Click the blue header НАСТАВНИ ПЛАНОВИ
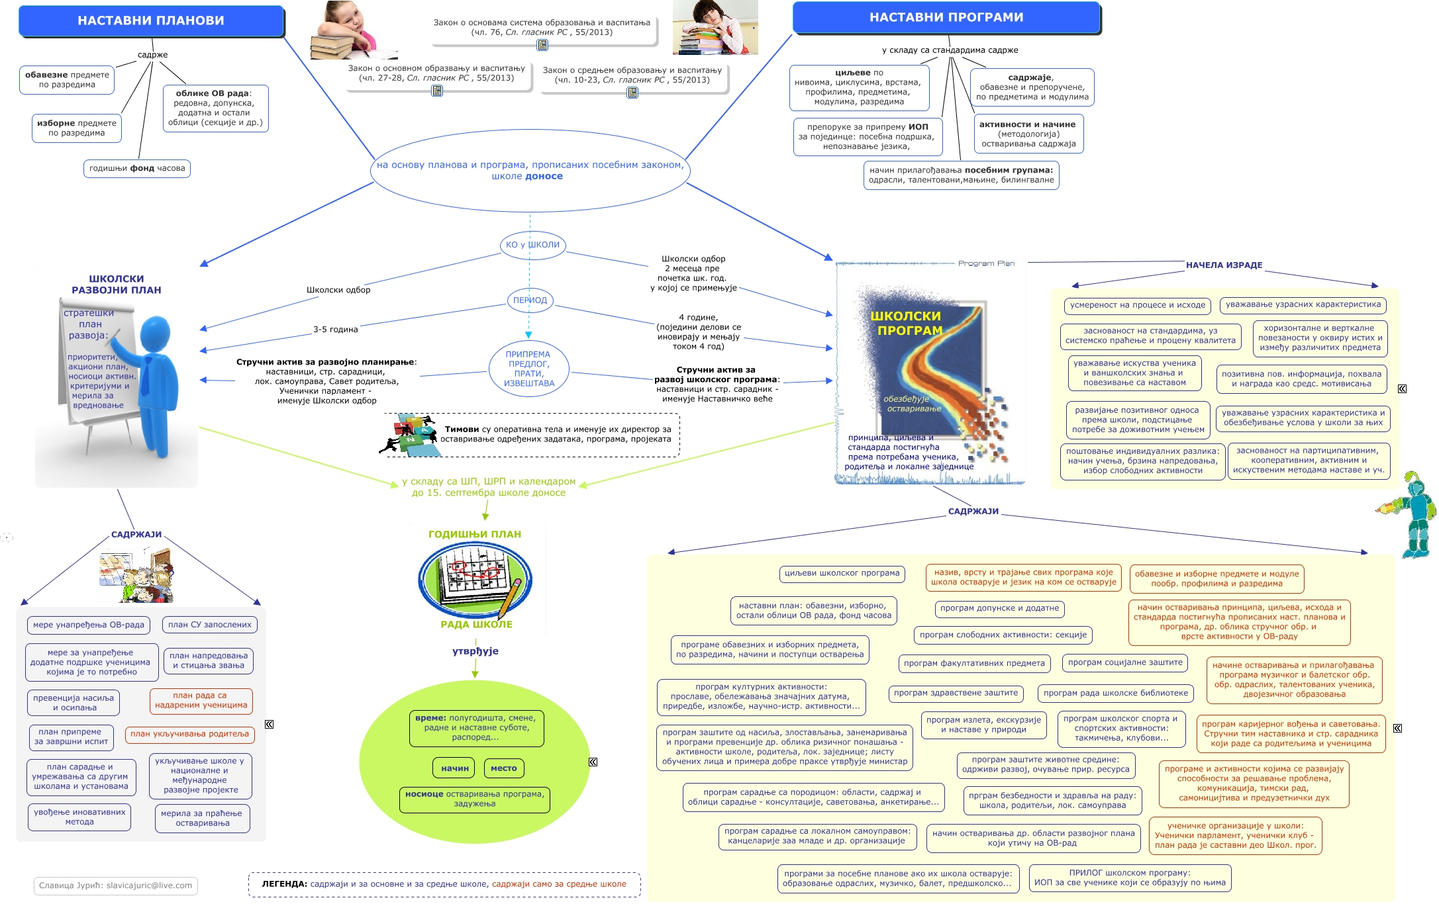[x=151, y=21]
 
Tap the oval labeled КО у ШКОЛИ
[x=532, y=245]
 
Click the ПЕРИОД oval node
[x=530, y=300]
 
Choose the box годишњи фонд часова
[x=137, y=169]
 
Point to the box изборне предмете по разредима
[x=77, y=128]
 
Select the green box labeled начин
[x=454, y=768]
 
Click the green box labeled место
[x=504, y=768]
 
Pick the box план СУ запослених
[x=210, y=625]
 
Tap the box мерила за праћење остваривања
[x=202, y=819]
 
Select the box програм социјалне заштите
[x=1124, y=662]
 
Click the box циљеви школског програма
[x=842, y=573]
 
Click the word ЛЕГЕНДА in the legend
[x=284, y=884]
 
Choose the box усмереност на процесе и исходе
[x=1138, y=305]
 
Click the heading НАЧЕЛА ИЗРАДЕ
[x=1224, y=265]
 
